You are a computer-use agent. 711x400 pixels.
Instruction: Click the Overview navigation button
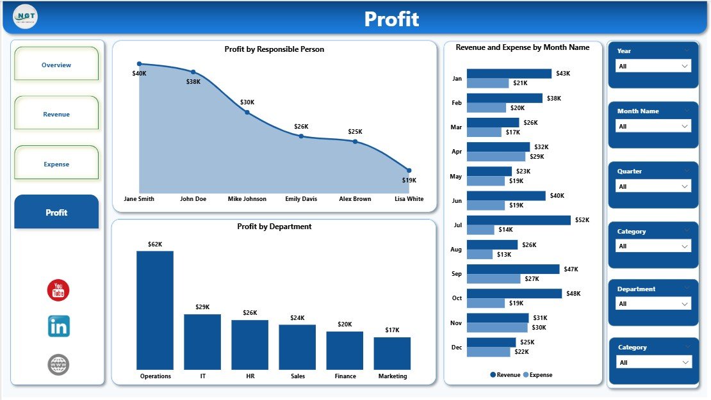click(x=56, y=65)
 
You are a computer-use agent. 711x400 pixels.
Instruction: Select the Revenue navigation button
click(x=56, y=114)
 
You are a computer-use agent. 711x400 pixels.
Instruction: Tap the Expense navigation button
click(x=56, y=164)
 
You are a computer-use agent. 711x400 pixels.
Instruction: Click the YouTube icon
click(x=58, y=290)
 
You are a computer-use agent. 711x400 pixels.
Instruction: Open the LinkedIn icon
click(x=58, y=326)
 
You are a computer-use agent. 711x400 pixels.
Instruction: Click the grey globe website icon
click(x=58, y=365)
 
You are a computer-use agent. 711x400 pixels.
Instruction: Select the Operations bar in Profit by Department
click(x=155, y=310)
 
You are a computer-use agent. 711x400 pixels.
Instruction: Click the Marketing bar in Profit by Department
click(x=392, y=353)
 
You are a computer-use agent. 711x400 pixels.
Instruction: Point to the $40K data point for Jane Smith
click(x=140, y=64)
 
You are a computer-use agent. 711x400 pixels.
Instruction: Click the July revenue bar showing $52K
click(x=518, y=220)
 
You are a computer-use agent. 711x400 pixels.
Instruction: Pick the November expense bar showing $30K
click(x=497, y=328)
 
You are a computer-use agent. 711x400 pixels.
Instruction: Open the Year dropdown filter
click(x=653, y=66)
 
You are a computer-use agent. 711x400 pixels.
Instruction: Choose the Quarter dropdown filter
click(x=653, y=186)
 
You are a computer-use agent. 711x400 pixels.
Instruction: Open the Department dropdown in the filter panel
click(x=653, y=304)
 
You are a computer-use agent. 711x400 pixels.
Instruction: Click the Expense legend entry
click(x=537, y=375)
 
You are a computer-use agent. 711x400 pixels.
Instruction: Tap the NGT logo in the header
click(x=25, y=16)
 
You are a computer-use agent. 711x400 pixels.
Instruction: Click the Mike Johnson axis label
click(x=247, y=199)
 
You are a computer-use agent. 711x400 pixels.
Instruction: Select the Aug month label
click(x=456, y=250)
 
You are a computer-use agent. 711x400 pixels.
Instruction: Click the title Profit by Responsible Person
click(x=274, y=49)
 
